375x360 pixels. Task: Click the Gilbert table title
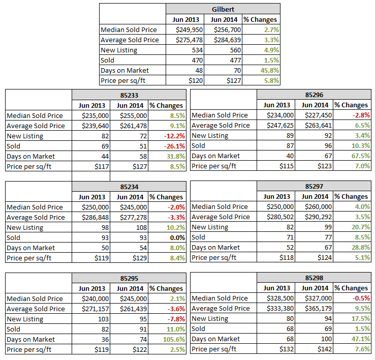(223, 9)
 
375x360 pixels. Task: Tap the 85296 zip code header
(314, 95)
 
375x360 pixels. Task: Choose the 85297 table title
(314, 186)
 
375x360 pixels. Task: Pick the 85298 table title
(314, 278)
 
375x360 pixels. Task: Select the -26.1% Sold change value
(173, 146)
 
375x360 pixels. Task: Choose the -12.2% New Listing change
(173, 136)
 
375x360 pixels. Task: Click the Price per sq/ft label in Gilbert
(122, 80)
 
